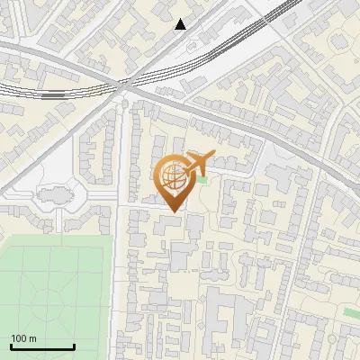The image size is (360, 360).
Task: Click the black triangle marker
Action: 181,24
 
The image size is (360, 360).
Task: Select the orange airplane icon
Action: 195,163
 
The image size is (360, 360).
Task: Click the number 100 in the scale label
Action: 18,338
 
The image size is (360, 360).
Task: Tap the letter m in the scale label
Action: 31,338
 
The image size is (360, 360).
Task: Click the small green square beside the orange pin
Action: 202,181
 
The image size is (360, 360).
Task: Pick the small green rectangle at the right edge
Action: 351,312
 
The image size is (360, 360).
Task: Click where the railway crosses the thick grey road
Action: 126,84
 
